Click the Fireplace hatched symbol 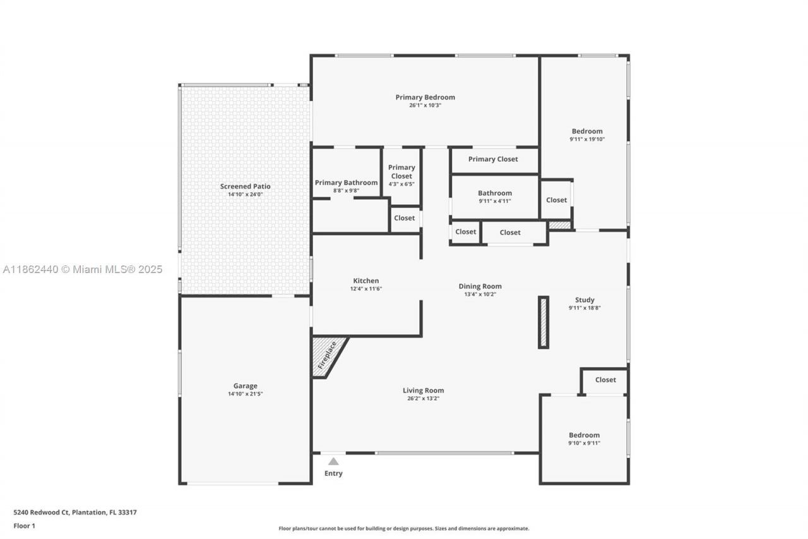pos(326,354)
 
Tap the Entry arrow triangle pos(333,461)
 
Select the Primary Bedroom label pos(425,97)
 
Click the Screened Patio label pos(245,186)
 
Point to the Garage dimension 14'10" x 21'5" pos(245,394)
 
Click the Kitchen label pos(366,281)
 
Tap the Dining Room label pos(480,286)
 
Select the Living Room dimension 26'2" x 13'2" pos(423,399)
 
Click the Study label pos(585,300)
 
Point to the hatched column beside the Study pos(544,322)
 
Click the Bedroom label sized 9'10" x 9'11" pos(584,435)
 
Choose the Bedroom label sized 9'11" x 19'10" pos(587,131)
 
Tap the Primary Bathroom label pos(346,183)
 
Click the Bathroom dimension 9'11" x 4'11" pos(495,201)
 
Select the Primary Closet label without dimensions pos(493,159)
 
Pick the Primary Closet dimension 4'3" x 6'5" pos(401,184)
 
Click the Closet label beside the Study pos(605,380)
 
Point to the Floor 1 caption pos(25,526)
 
